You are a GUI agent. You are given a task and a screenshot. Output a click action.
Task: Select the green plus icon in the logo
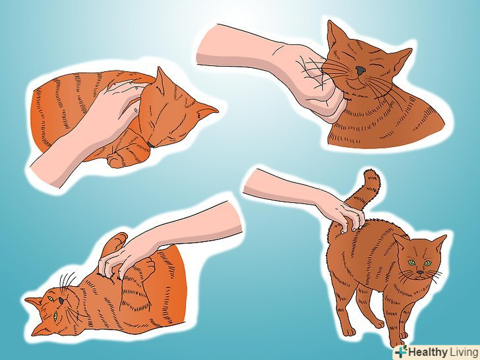click(401, 351)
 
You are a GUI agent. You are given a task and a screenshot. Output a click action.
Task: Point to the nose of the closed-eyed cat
click(361, 71)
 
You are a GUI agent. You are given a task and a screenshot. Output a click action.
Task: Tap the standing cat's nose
click(420, 272)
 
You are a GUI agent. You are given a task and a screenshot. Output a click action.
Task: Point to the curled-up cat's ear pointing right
click(206, 111)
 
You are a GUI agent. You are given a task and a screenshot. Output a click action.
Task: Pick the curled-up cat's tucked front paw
click(117, 158)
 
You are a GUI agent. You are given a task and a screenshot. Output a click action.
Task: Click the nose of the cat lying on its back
click(62, 301)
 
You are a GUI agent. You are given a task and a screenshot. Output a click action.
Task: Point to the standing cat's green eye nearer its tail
click(411, 262)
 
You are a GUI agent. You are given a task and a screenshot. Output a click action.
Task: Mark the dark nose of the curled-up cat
click(150, 144)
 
